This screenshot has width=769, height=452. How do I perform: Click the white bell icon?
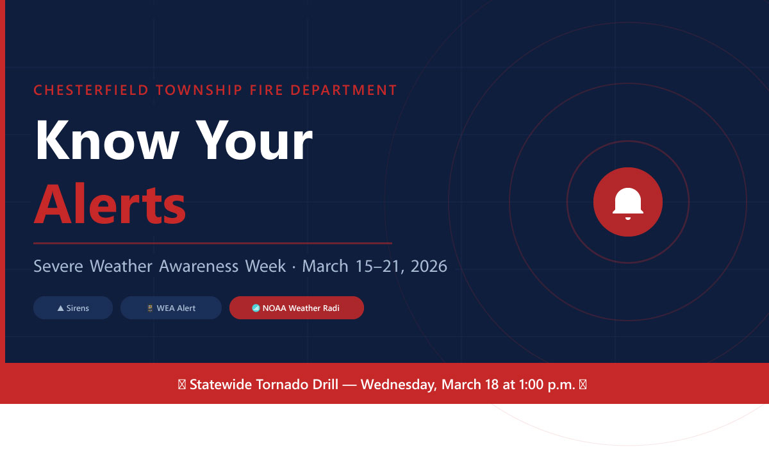click(x=628, y=203)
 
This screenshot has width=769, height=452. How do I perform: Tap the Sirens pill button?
click(x=73, y=308)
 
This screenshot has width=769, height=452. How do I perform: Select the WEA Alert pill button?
click(x=171, y=308)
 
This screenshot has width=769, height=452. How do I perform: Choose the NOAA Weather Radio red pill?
click(x=297, y=308)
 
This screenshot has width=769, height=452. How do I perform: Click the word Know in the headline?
click(x=107, y=140)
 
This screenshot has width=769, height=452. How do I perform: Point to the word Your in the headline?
click(x=254, y=140)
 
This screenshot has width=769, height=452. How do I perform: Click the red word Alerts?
click(x=110, y=204)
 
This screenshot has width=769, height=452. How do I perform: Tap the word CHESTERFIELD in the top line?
click(x=91, y=90)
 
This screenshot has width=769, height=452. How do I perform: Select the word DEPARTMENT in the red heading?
click(x=343, y=90)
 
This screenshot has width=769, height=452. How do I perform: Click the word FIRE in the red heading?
click(x=267, y=90)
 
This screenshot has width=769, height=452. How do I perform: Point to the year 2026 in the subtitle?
click(x=429, y=266)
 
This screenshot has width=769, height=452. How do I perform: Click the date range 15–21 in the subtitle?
click(x=377, y=266)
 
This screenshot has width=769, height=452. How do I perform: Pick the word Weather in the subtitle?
click(x=121, y=266)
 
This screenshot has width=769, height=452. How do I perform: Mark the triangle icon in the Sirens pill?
click(x=60, y=308)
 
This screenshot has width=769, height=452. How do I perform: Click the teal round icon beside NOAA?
click(x=256, y=308)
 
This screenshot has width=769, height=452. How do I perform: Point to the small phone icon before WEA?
click(x=150, y=308)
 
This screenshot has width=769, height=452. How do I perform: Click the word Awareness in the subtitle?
click(x=199, y=266)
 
